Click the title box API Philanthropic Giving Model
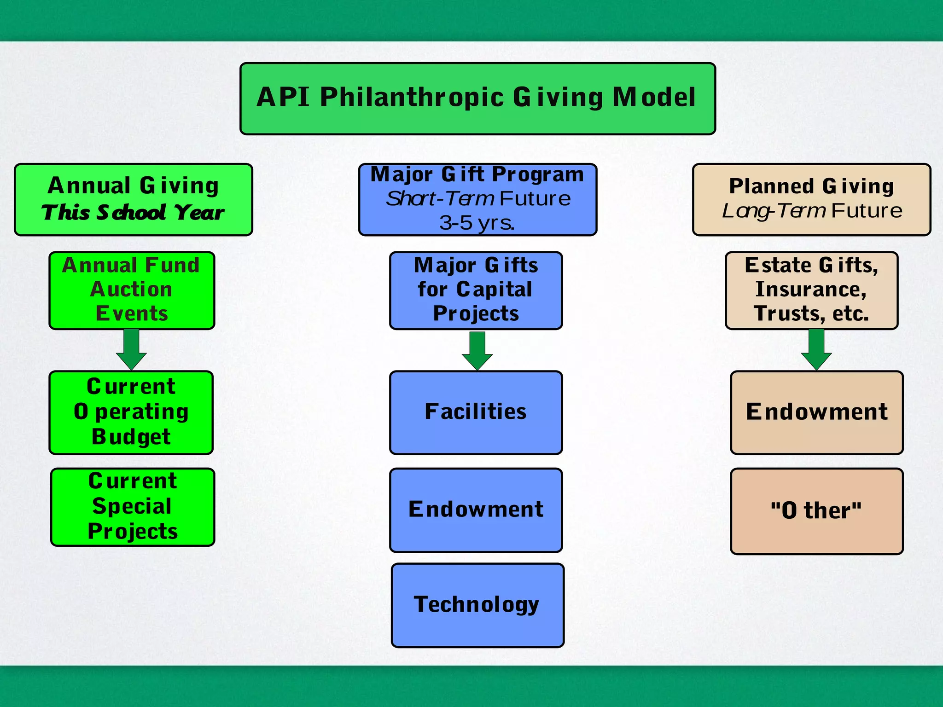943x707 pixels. pyautogui.click(x=477, y=99)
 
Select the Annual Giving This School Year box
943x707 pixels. pyautogui.click(x=134, y=199)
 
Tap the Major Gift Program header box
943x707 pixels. pyautogui.click(x=477, y=199)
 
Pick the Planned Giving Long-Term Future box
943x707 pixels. pyautogui.click(x=811, y=199)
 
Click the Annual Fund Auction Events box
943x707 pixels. pyautogui.click(x=132, y=290)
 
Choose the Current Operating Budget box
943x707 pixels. pyautogui.click(x=131, y=412)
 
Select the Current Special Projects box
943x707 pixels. pyautogui.click(x=133, y=507)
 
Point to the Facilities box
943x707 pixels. pyautogui.click(x=476, y=412)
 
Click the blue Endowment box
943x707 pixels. pyautogui.click(x=476, y=510)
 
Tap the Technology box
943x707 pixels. pyautogui.click(x=477, y=605)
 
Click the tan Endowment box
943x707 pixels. pyautogui.click(x=816, y=412)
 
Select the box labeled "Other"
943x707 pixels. pyautogui.click(x=816, y=511)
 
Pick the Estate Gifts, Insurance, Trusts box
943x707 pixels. pyautogui.click(x=811, y=290)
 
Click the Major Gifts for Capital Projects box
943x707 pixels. pyautogui.click(x=476, y=290)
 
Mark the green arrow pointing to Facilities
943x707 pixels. pyautogui.click(x=477, y=351)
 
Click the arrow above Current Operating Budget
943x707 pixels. pyautogui.click(x=132, y=350)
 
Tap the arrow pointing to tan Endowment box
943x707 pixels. pyautogui.click(x=816, y=350)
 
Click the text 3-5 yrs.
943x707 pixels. pyautogui.click(x=477, y=223)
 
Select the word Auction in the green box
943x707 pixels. pyautogui.click(x=131, y=290)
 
